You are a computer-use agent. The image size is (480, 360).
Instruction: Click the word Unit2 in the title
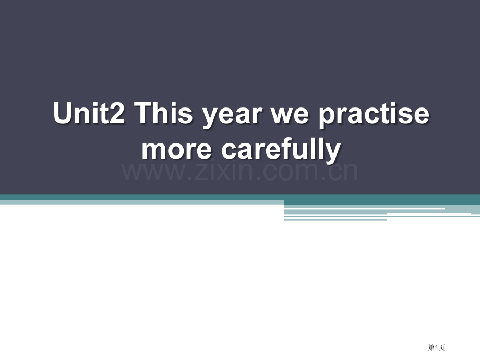[x=89, y=114]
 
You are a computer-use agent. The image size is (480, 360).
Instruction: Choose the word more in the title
[x=177, y=150]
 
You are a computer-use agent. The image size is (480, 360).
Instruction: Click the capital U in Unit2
[x=62, y=114]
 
